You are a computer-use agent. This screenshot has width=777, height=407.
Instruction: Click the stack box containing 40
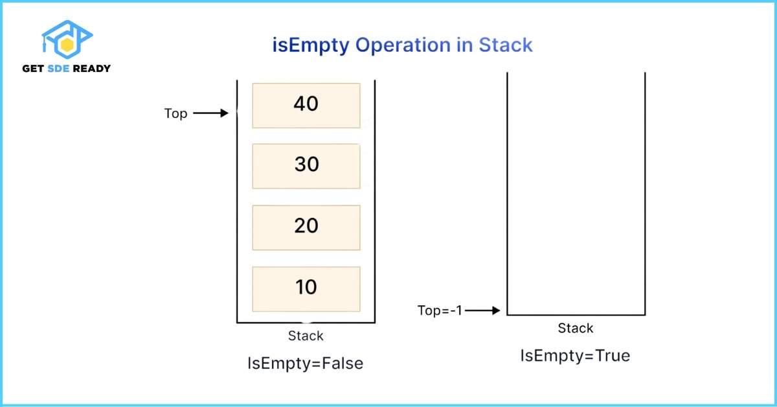306,106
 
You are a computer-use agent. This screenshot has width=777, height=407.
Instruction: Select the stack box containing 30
306,167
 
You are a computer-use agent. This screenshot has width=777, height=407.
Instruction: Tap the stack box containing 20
306,227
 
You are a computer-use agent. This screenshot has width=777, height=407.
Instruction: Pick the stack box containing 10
306,289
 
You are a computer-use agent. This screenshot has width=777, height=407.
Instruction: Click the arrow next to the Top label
210,113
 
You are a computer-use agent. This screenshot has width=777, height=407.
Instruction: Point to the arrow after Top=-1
482,310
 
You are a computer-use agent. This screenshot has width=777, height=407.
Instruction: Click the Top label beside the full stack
176,113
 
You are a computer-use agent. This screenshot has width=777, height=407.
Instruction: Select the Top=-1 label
440,310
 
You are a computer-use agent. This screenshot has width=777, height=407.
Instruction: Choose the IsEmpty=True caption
575,356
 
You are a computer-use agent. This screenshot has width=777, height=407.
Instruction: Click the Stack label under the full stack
306,336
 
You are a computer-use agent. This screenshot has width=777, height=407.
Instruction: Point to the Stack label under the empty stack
576,328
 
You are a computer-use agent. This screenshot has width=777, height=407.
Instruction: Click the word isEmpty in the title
311,46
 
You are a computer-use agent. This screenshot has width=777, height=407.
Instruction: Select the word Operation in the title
403,45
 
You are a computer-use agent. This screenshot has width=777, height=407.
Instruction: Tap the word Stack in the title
506,45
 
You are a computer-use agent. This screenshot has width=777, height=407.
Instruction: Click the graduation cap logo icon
67,40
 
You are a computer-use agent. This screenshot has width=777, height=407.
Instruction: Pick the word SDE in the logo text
58,69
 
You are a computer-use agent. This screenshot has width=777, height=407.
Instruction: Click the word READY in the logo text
91,69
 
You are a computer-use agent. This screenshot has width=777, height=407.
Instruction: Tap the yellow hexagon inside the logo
67,45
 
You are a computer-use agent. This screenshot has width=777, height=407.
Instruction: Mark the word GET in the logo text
33,69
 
